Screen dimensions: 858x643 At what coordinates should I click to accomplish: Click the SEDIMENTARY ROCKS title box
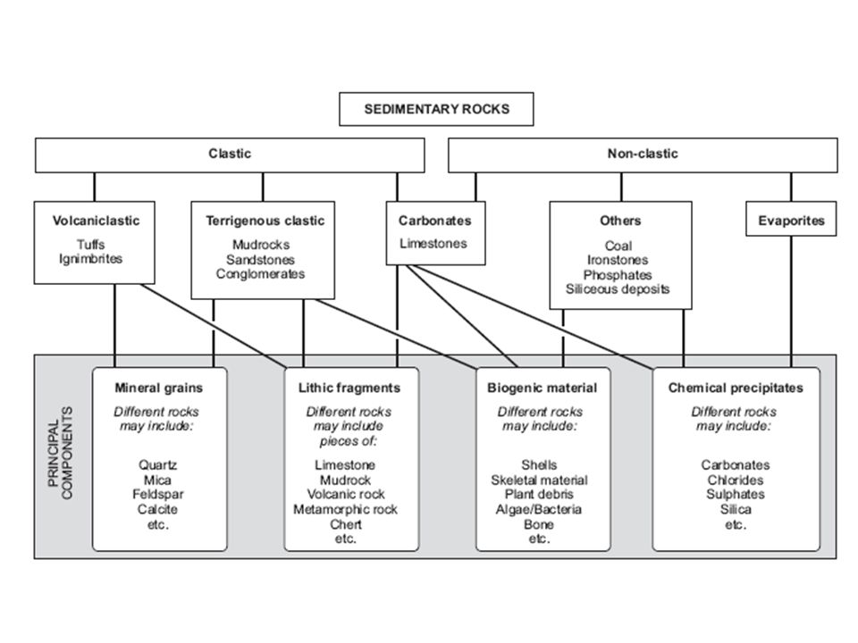click(436, 109)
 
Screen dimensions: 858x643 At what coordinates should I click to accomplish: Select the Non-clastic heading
click(643, 154)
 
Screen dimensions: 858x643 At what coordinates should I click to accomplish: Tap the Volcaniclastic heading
click(96, 221)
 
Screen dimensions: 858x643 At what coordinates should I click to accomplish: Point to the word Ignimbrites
click(91, 259)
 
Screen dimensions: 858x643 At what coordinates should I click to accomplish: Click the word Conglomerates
click(260, 274)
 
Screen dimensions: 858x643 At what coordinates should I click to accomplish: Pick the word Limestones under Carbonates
click(433, 244)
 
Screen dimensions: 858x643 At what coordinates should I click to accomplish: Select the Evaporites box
click(791, 219)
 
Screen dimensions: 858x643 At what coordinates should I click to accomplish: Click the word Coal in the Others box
click(618, 246)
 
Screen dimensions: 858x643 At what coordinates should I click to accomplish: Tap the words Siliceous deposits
click(618, 289)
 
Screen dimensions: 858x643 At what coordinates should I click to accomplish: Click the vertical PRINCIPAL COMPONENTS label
click(60, 453)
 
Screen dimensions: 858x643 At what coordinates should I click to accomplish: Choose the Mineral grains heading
click(159, 388)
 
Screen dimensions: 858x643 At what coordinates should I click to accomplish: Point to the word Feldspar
click(157, 494)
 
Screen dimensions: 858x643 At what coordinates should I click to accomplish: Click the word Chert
click(346, 524)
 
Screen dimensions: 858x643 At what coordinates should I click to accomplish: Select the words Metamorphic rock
click(345, 510)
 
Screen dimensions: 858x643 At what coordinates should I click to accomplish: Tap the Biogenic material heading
click(543, 388)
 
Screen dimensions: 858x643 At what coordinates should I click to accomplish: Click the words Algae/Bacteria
click(538, 510)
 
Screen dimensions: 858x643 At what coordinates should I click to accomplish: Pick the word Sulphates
click(736, 494)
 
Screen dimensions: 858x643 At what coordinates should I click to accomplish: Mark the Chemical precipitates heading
click(736, 388)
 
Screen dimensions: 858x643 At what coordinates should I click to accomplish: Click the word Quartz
click(157, 465)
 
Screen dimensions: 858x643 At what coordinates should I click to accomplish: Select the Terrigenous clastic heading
click(265, 221)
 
